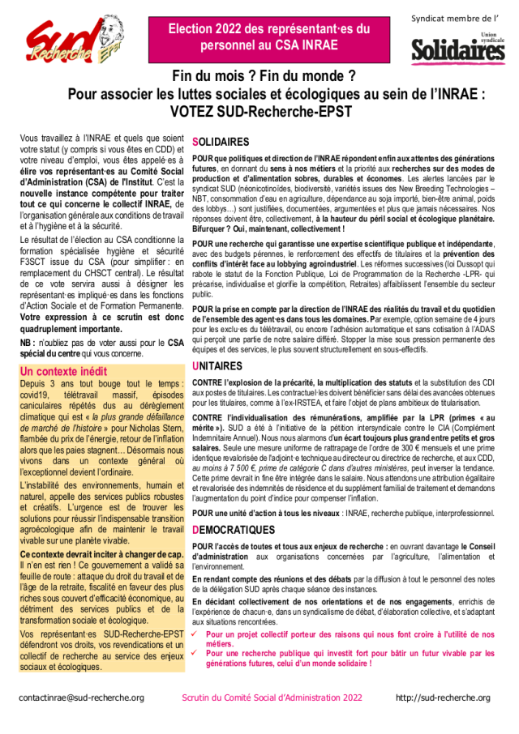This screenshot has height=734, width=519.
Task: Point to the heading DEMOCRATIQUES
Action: tap(233, 529)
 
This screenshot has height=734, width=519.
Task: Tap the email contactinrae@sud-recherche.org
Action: tap(81, 697)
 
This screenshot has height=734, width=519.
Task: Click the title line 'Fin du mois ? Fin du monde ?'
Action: tap(264, 77)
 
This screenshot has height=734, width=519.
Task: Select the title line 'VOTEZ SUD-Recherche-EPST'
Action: tap(264, 109)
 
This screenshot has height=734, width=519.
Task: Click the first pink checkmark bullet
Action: tap(195, 634)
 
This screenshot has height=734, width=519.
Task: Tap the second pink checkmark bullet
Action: tap(195, 653)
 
